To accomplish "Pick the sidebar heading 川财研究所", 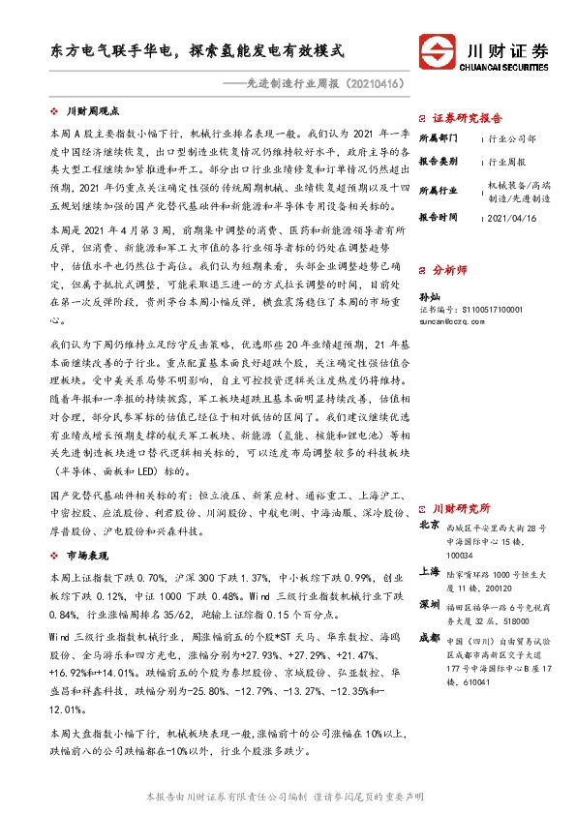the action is point(461,507).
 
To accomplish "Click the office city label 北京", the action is point(429,526).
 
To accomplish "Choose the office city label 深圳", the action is point(429,604).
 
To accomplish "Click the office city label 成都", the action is point(429,637).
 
